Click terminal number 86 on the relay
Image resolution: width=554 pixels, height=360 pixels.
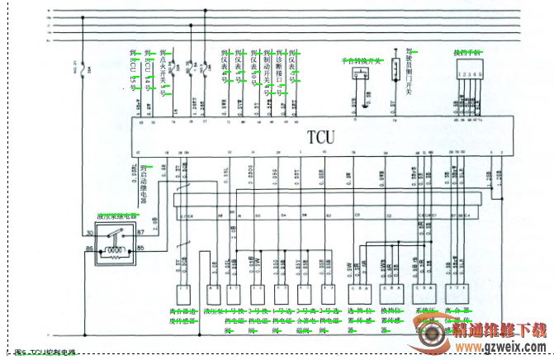pyautogui.click(x=88, y=248)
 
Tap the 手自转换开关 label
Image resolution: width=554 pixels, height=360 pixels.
pyautogui.click(x=362, y=60)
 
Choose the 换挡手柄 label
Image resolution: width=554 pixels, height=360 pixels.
pyautogui.click(x=466, y=51)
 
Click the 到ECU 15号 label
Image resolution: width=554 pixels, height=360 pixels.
pyautogui.click(x=133, y=70)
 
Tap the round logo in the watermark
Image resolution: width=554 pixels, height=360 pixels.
pyautogui.click(x=431, y=337)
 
